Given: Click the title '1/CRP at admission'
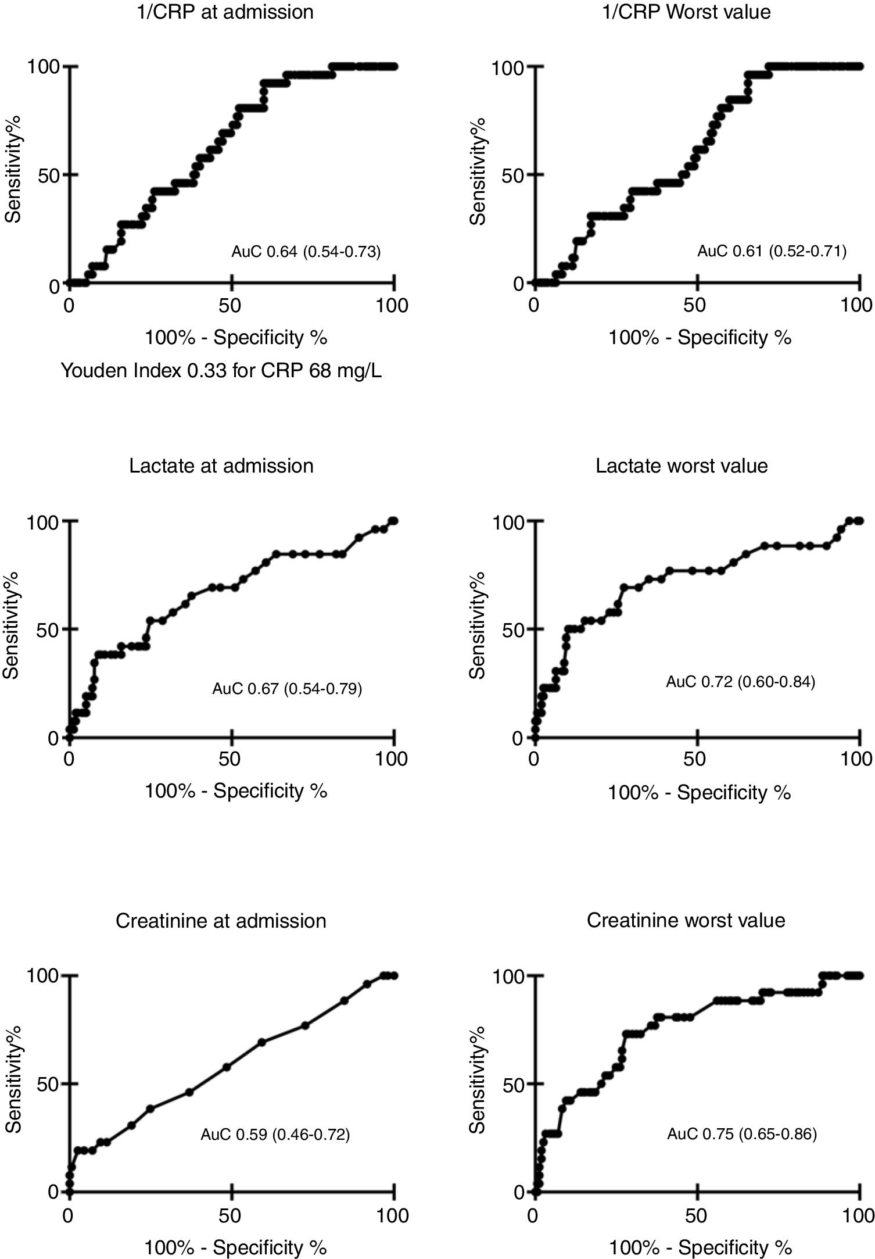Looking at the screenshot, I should (221, 12).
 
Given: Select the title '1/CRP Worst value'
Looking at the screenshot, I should (686, 12).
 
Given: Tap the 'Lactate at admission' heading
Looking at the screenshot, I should (221, 466).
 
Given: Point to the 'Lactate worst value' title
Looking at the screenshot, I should (682, 466).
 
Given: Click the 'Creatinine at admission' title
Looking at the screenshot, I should (221, 921).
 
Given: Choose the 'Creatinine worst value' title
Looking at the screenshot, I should (686, 920).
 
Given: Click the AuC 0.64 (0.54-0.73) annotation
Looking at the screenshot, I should (306, 252).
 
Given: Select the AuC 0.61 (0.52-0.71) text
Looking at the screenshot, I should (772, 251).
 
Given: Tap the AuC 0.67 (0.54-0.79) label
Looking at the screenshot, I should (287, 689).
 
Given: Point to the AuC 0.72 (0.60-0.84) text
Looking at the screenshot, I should (740, 681).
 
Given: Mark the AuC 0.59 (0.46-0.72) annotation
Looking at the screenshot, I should (275, 1134).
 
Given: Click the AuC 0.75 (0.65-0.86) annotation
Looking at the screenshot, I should (741, 1134).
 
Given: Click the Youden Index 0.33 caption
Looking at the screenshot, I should (221, 371).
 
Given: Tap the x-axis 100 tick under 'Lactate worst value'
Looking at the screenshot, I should (856, 759).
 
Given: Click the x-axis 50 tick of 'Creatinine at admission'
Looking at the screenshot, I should (231, 1215).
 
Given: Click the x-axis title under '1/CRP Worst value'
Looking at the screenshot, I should (699, 337).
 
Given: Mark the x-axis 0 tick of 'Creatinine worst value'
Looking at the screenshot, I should (534, 1215).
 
